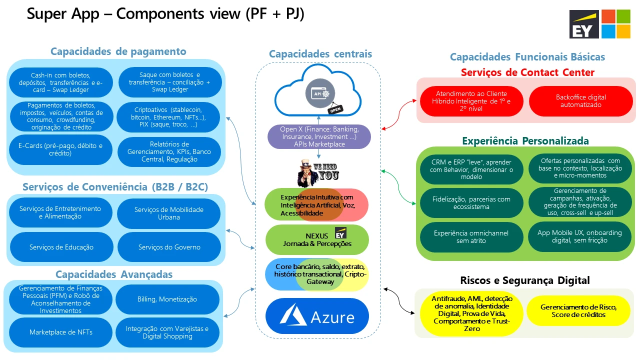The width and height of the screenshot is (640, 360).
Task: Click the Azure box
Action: (317, 316)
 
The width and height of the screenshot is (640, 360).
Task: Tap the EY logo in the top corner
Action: (584, 24)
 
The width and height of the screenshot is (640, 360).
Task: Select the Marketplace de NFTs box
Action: (60, 332)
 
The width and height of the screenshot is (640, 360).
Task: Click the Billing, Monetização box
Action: (167, 299)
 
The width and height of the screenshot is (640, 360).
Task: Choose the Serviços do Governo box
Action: (169, 247)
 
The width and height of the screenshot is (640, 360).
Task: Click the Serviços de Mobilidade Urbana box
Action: (169, 213)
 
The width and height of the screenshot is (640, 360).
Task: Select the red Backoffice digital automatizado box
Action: (580, 101)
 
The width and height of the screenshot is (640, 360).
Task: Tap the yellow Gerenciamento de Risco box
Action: (578, 310)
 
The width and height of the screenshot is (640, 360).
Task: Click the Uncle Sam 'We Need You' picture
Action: (317, 171)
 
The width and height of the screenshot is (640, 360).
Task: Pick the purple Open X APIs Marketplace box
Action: (319, 137)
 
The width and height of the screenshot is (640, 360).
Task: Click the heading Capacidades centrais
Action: (320, 54)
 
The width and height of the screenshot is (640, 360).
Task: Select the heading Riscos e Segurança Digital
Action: (525, 280)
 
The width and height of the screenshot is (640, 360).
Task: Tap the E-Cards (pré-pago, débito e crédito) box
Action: (60, 150)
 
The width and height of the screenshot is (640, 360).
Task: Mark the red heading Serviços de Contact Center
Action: (527, 72)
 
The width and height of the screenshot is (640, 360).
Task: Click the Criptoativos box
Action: (169, 117)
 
